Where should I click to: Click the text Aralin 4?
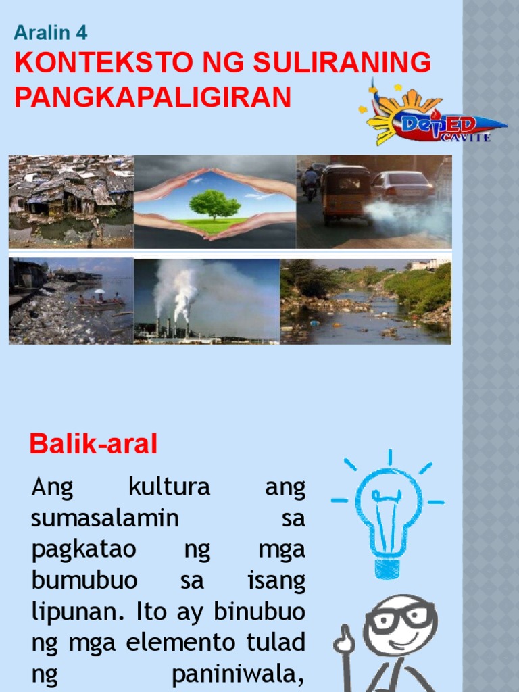[51, 32]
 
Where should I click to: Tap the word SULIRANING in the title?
[342, 63]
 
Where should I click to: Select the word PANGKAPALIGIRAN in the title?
[153, 97]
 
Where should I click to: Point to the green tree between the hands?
[215, 203]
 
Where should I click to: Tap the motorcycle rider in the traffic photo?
[310, 181]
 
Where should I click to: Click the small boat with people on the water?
[99, 303]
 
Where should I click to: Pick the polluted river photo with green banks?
[366, 301]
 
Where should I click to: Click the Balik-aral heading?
[93, 444]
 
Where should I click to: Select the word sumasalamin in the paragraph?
[105, 519]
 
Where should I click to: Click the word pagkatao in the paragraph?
[84, 550]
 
